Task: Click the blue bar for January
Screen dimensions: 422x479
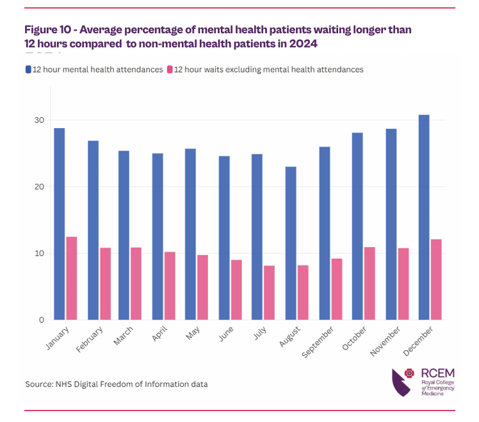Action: point(59,224)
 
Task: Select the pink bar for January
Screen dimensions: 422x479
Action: point(72,279)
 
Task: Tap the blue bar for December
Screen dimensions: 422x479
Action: point(424,218)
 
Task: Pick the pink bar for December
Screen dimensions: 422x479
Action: point(436,279)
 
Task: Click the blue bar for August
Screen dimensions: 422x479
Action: point(291,243)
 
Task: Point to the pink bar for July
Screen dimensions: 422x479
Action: point(270,293)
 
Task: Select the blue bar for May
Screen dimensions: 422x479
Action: point(191,234)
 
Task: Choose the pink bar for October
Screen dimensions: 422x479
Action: point(369,284)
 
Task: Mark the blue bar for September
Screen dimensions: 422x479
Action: point(324,234)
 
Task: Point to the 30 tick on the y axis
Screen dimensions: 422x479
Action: point(39,120)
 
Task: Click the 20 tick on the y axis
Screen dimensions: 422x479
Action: point(39,187)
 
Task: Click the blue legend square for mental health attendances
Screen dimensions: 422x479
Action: point(28,69)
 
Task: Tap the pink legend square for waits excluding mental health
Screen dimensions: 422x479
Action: point(170,69)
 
